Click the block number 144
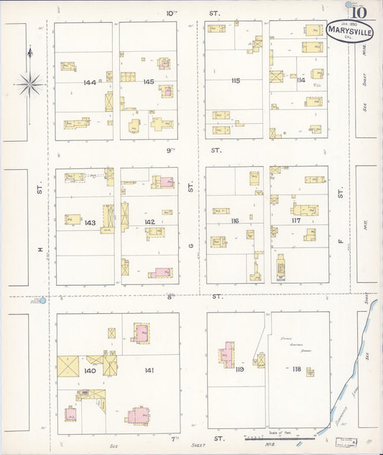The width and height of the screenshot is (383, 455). pyautogui.click(x=89, y=83)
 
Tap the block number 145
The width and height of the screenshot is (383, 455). pyautogui.click(x=148, y=82)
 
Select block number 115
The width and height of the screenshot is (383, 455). pyautogui.click(x=235, y=81)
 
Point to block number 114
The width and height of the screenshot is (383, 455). pyautogui.click(x=300, y=80)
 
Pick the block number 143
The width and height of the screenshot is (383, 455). pyautogui.click(x=89, y=223)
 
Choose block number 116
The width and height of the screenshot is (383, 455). pyautogui.click(x=234, y=221)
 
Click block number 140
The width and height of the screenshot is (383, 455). pyautogui.click(x=89, y=371)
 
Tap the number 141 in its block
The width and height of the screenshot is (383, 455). pyautogui.click(x=149, y=371)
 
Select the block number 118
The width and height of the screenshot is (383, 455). pyautogui.click(x=295, y=369)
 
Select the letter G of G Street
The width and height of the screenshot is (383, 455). pyautogui.click(x=191, y=245)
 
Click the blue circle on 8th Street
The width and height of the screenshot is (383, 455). pyautogui.click(x=43, y=299)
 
